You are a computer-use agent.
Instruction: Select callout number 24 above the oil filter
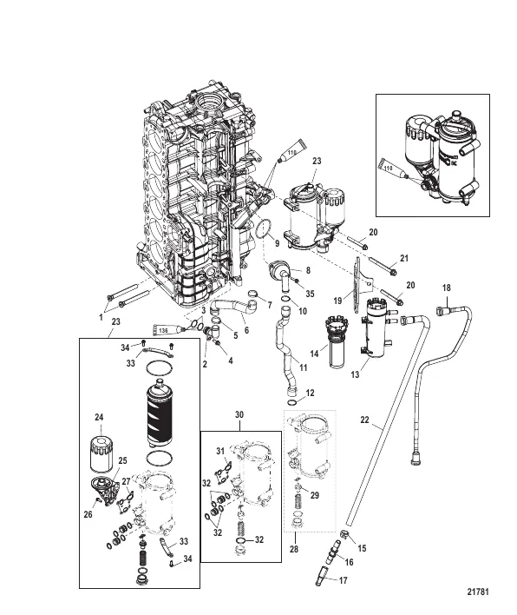[x=99, y=419]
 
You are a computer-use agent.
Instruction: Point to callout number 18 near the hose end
[x=447, y=288]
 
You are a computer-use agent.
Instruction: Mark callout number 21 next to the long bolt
[x=403, y=258]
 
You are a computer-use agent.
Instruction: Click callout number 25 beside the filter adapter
[x=121, y=460]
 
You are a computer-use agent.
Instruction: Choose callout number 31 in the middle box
[x=221, y=449]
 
